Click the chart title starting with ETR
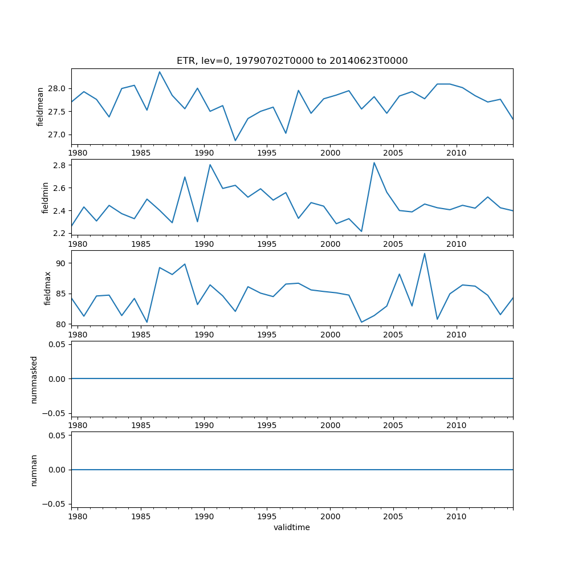coord(292,61)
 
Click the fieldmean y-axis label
coord(40,107)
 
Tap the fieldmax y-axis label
coord(48,288)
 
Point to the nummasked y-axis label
coord(34,379)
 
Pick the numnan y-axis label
coord(34,470)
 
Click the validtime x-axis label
coord(292,527)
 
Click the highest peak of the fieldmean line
coord(160,72)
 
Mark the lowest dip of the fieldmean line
coord(235,141)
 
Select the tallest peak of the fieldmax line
coord(424,254)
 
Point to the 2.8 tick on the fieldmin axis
coord(59,165)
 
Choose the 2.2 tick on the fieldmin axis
coord(59,233)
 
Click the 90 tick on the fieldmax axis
coord(61,263)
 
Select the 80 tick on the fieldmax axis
coord(61,324)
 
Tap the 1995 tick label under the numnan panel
coord(267,516)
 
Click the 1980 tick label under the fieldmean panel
coord(78,153)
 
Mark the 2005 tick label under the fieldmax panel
coord(393,335)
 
